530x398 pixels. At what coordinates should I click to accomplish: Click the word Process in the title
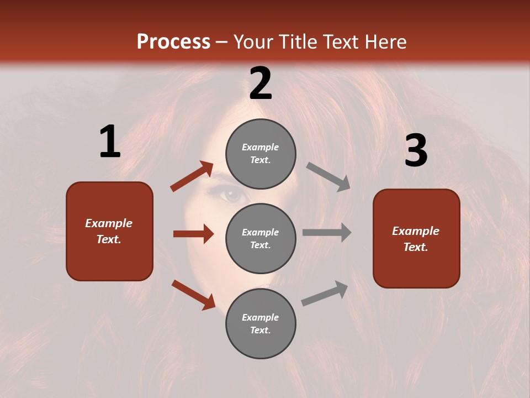coord(173,42)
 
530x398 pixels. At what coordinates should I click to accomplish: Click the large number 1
coord(110,142)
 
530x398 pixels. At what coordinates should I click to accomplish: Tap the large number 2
coord(261,83)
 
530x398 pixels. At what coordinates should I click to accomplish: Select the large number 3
coord(416,150)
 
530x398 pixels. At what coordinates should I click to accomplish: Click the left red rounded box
coord(109,231)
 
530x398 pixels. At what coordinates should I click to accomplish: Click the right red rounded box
coord(416,239)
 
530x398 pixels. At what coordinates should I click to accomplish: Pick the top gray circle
coord(261,154)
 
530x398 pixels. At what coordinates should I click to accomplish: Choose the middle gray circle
coord(261,239)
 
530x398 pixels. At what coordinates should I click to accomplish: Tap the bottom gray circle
coord(261,324)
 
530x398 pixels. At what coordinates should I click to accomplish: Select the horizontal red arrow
coord(193,234)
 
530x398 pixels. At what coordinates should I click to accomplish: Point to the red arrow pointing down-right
coord(193,295)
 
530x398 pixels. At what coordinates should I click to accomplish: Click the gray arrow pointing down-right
coord(328,176)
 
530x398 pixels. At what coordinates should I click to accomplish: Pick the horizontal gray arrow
coord(327,233)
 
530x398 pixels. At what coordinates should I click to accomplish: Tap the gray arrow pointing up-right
coord(325,293)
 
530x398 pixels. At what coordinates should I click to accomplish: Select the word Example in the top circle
coord(261,148)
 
